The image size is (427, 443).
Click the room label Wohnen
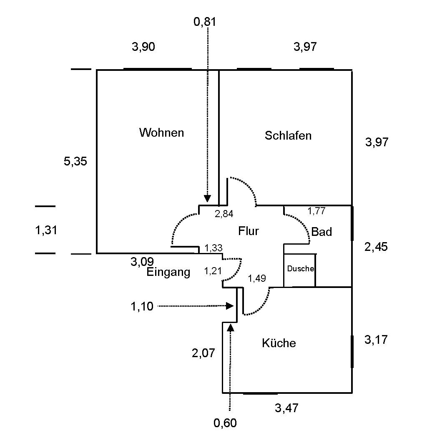(x=161, y=133)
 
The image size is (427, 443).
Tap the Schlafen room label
(x=288, y=135)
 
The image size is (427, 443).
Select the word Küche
(x=279, y=343)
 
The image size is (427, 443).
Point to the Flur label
(x=249, y=231)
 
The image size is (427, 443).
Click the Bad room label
(x=322, y=232)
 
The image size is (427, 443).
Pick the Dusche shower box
(x=300, y=269)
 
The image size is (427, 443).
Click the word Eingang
(x=168, y=273)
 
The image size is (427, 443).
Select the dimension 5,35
(x=75, y=161)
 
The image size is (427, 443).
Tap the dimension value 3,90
(x=143, y=47)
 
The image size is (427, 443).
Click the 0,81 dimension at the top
(x=205, y=21)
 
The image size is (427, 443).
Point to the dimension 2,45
(x=376, y=247)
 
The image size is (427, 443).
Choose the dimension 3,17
(x=376, y=340)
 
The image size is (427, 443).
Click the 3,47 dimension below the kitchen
(x=286, y=408)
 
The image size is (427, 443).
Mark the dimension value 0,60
(x=225, y=423)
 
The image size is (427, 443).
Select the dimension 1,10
(x=142, y=307)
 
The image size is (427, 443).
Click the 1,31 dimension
(x=46, y=230)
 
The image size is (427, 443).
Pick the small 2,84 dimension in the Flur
(x=224, y=214)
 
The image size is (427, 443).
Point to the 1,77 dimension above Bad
(x=316, y=211)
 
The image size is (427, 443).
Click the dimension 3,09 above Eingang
(x=142, y=262)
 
